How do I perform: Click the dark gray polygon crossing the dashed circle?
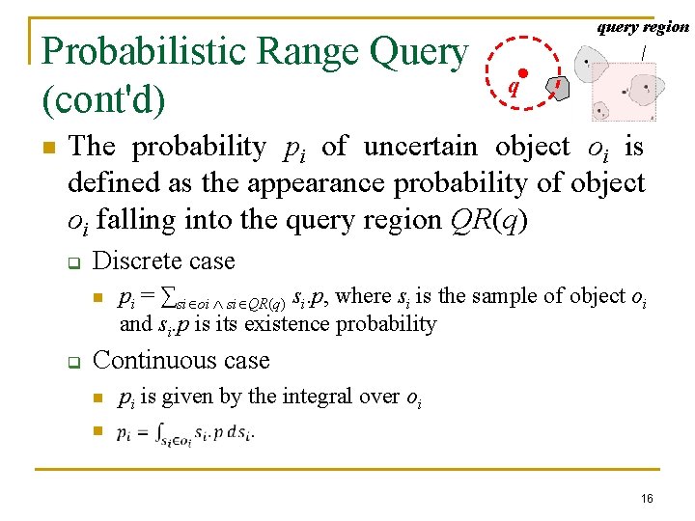(x=558, y=88)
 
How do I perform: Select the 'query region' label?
(x=643, y=27)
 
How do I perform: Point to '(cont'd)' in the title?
(x=102, y=96)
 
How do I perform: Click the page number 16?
(x=646, y=497)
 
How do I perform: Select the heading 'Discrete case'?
(x=163, y=260)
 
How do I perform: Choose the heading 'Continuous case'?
(x=181, y=360)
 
